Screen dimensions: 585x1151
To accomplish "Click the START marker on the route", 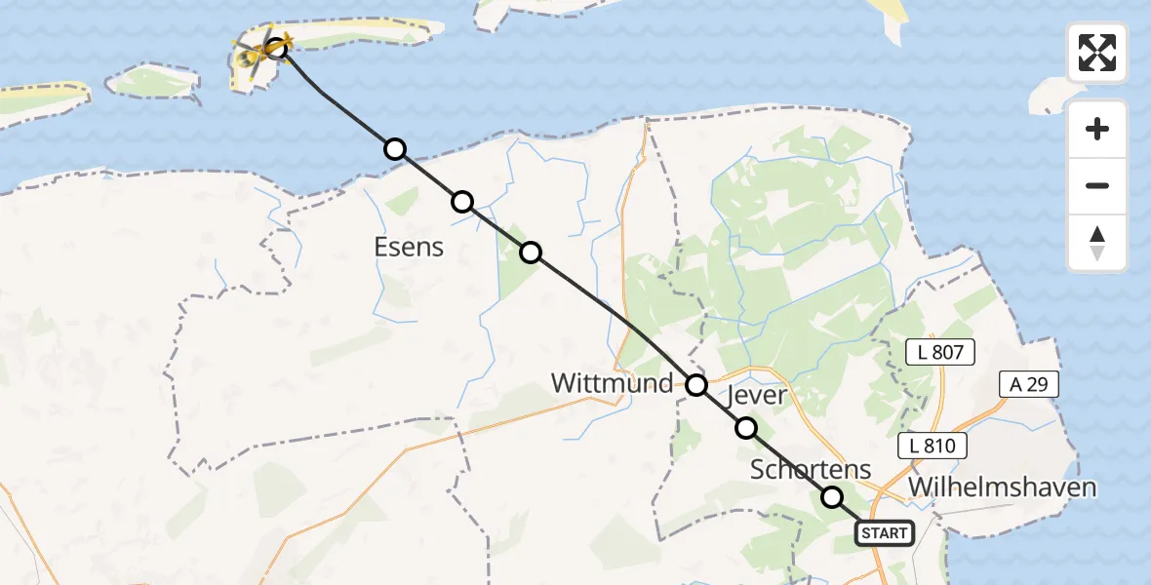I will (885, 533).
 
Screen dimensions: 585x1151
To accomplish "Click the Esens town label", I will (409, 248).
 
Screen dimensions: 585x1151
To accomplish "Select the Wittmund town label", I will (613, 383).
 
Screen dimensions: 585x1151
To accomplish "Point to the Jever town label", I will (758, 395).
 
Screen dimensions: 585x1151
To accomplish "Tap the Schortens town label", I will (811, 469).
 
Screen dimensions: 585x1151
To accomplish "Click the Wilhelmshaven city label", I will (1002, 487).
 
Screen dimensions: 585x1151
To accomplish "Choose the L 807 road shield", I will (940, 353).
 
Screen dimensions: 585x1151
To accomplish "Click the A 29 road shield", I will (1029, 384).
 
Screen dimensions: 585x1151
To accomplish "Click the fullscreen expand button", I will (1097, 53).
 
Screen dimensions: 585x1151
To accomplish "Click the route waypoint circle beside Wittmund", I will (696, 385).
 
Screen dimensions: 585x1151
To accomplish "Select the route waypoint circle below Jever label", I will (746, 427).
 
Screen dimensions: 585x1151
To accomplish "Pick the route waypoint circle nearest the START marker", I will (832, 497).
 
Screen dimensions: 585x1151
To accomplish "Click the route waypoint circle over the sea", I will (394, 149).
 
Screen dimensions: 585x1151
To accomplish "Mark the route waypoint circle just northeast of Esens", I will (462, 202).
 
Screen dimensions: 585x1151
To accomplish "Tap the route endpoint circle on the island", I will (277, 47).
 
